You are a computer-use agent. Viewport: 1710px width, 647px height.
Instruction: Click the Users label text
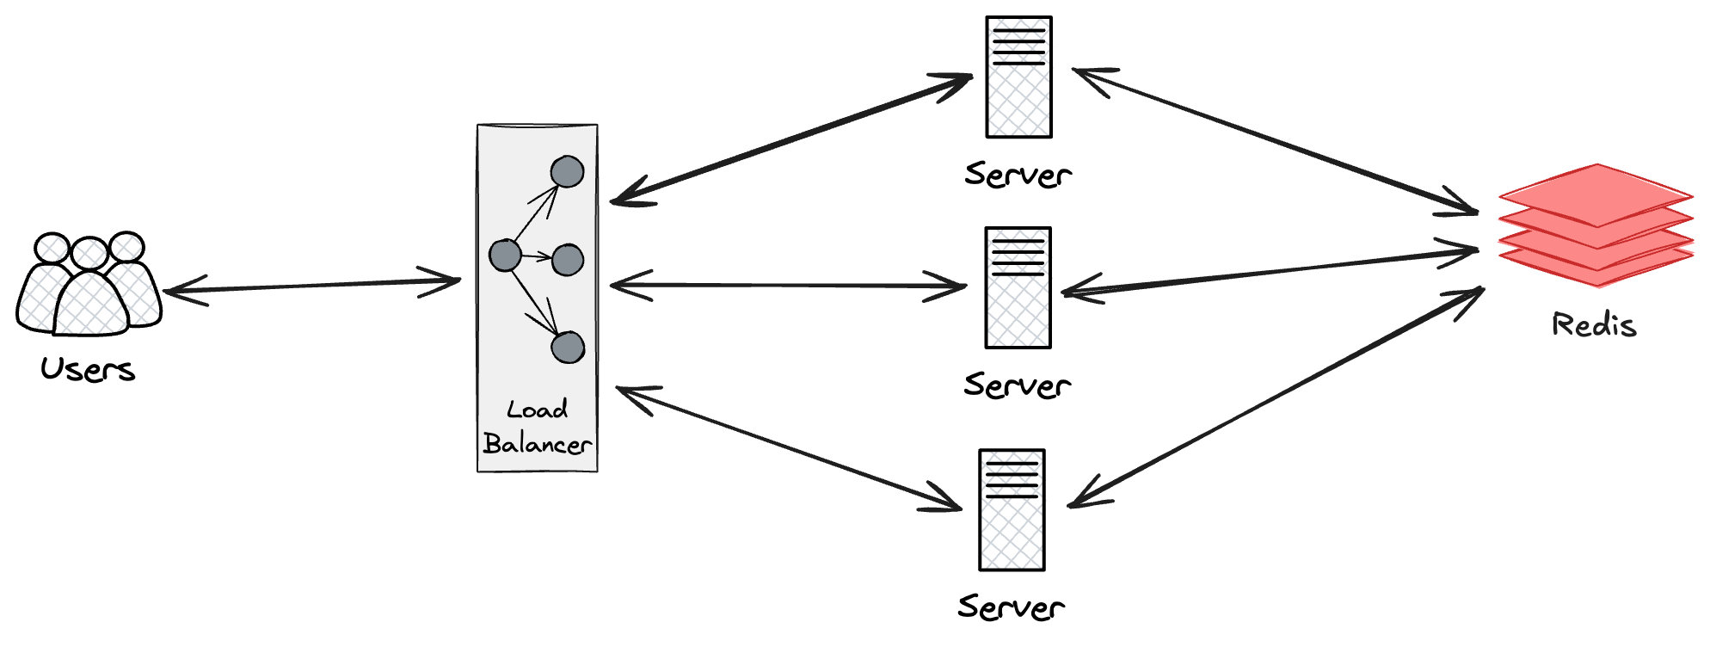pyautogui.click(x=88, y=370)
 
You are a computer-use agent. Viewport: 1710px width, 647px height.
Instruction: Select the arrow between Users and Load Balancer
pyautogui.click(x=311, y=286)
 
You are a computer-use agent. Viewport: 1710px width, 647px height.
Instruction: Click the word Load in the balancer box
pyautogui.click(x=537, y=410)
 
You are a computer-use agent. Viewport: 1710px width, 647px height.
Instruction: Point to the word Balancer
pyautogui.click(x=537, y=444)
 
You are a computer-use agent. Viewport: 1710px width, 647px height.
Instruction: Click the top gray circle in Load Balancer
pyautogui.click(x=567, y=172)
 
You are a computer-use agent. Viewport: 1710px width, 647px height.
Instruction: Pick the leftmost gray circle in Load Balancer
pyautogui.click(x=505, y=256)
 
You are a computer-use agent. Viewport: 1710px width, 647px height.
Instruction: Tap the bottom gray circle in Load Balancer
pyautogui.click(x=568, y=348)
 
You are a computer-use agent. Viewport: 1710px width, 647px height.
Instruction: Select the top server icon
pyautogui.click(x=1018, y=77)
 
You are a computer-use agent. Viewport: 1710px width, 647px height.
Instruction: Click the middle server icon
pyautogui.click(x=1018, y=287)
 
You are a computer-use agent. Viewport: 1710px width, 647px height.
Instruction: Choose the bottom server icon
pyautogui.click(x=1012, y=509)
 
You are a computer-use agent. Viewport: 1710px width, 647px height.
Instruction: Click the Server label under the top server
pyautogui.click(x=1018, y=175)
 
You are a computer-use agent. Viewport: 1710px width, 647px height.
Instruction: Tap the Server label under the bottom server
pyautogui.click(x=1012, y=607)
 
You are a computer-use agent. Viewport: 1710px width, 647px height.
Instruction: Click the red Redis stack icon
pyautogui.click(x=1596, y=225)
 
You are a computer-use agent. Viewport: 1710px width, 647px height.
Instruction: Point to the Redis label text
pyautogui.click(x=1594, y=325)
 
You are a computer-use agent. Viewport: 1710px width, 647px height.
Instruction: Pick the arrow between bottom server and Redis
pyautogui.click(x=1276, y=397)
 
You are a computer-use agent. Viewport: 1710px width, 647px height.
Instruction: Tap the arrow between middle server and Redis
pyautogui.click(x=1270, y=272)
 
